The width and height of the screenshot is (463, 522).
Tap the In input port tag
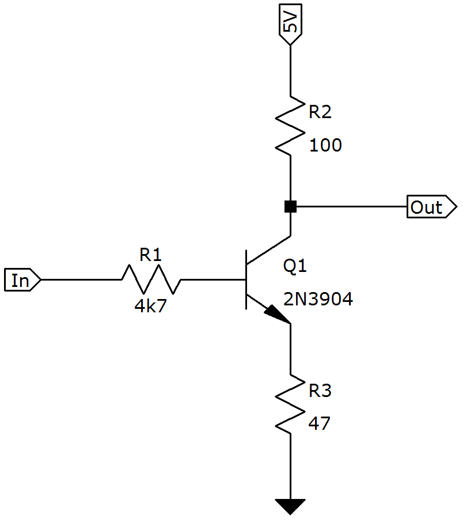(22, 279)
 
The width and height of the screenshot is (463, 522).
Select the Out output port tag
(432, 207)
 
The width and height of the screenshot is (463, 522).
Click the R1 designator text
(150, 255)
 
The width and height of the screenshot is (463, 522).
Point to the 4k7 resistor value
(150, 306)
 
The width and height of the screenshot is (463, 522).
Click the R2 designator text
(320, 112)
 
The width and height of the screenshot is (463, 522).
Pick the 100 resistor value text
(325, 146)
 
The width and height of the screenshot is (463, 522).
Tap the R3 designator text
(320, 391)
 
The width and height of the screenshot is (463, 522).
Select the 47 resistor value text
(319, 423)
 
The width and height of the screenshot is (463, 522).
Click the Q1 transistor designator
(295, 267)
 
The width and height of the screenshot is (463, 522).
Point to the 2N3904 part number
(318, 299)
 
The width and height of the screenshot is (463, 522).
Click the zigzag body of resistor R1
(151, 279)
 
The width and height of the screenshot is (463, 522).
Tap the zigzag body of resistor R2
(290, 126)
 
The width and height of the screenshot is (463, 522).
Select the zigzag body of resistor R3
(290, 404)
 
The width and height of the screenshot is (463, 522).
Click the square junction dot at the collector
(291, 207)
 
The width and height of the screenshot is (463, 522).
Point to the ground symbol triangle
(290, 506)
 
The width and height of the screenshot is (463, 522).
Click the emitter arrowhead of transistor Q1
(277, 315)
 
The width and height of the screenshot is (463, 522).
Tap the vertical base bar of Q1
(246, 279)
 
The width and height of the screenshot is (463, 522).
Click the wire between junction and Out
(351, 207)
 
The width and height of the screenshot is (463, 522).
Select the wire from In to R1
(81, 279)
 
